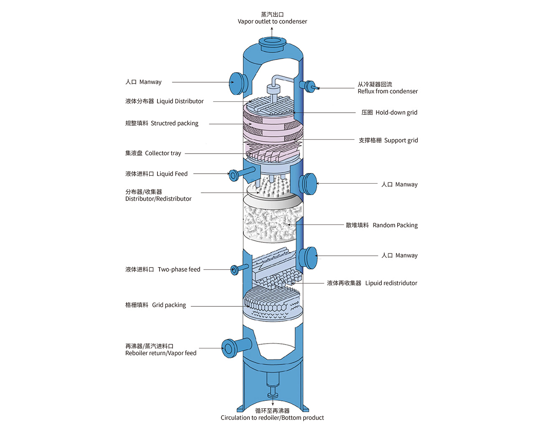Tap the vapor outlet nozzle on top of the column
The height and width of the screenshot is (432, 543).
[x=272, y=43]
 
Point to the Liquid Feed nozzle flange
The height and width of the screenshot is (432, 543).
[x=233, y=175]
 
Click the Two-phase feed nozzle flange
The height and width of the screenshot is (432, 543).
[x=235, y=270]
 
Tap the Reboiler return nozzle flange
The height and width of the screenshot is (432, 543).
[x=229, y=348]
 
